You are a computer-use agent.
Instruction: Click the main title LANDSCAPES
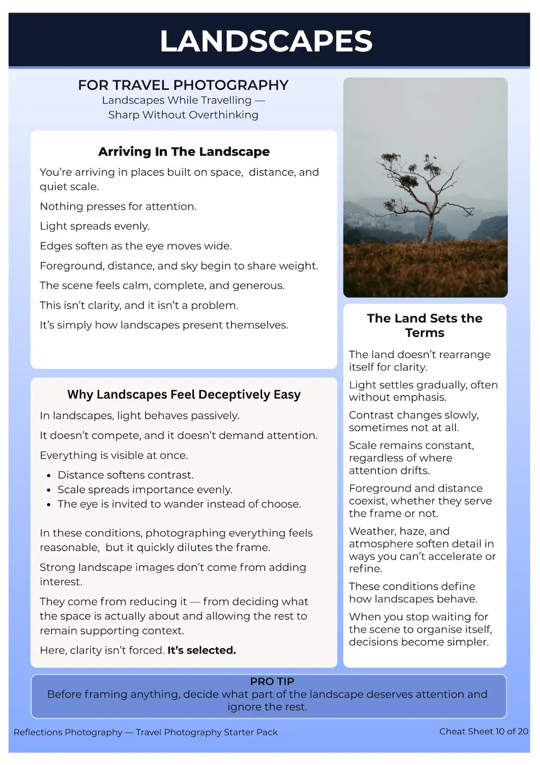(266, 42)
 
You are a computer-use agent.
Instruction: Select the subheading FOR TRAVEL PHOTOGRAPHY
(183, 85)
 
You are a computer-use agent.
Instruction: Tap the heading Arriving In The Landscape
(184, 152)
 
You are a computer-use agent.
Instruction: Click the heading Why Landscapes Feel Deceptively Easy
(184, 395)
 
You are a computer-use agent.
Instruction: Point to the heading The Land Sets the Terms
(424, 325)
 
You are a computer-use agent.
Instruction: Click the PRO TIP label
(272, 681)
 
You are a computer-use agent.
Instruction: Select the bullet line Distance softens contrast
(125, 475)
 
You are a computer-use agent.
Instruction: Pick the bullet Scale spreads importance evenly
(145, 490)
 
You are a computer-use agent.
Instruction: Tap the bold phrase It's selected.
(201, 650)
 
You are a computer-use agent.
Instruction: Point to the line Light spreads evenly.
(94, 227)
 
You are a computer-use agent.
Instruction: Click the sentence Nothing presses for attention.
(118, 207)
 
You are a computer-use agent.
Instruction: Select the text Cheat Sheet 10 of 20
(483, 731)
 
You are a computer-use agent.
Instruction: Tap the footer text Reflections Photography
(68, 733)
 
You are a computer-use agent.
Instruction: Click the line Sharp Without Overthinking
(183, 115)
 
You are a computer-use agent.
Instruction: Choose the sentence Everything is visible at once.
(113, 456)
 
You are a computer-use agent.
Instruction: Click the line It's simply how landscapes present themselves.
(164, 325)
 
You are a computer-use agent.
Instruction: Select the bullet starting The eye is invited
(179, 504)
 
